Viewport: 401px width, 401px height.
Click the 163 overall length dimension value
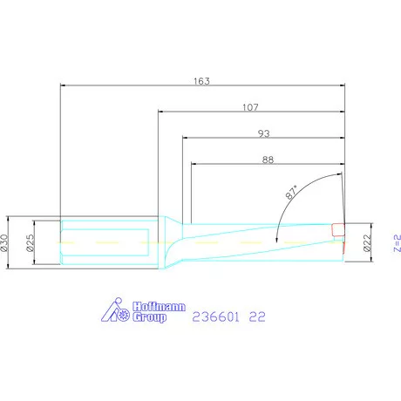point(201,81)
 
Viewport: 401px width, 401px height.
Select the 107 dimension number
point(250,107)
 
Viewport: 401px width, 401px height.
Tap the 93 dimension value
point(264,133)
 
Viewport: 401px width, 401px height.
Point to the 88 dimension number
point(268,160)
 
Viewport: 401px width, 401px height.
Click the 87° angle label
point(292,192)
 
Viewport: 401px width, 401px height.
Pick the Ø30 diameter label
point(4,242)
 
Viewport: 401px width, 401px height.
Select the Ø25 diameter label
point(30,242)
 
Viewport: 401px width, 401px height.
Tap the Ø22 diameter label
point(368,242)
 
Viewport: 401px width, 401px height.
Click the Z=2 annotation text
point(398,243)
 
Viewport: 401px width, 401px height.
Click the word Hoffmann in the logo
point(159,307)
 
